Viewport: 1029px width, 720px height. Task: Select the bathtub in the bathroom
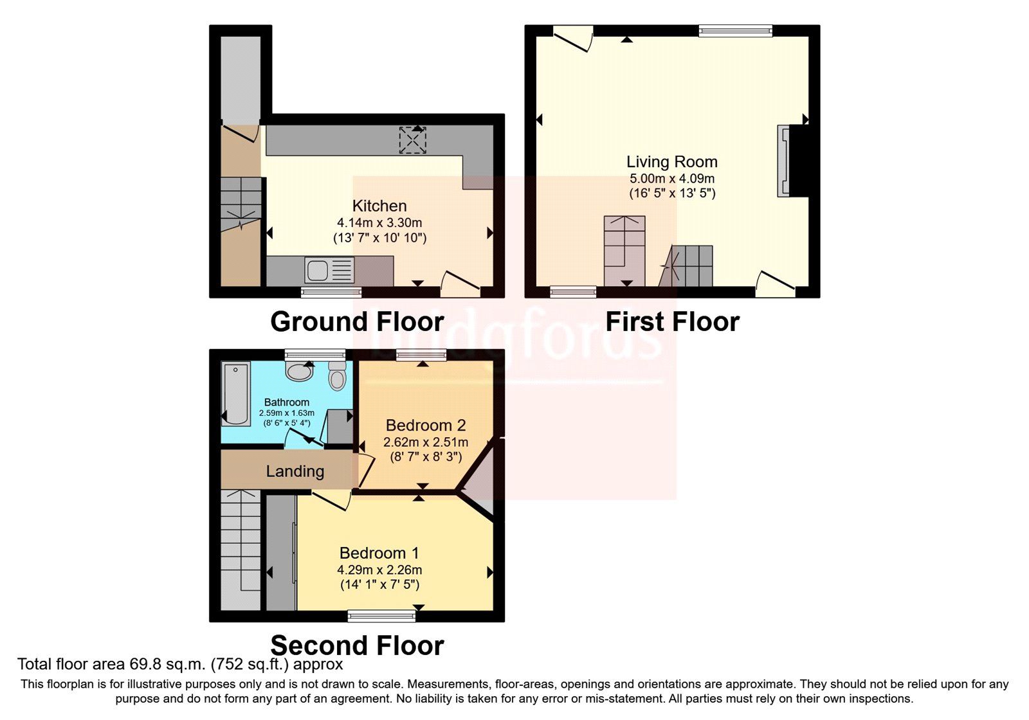236,394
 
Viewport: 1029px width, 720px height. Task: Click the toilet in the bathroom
337,375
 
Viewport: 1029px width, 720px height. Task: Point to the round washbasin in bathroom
298,371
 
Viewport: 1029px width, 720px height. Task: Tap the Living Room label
672,162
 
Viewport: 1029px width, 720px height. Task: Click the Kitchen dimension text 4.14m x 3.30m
379,223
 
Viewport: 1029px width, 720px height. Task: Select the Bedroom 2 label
426,426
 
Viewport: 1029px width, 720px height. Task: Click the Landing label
295,471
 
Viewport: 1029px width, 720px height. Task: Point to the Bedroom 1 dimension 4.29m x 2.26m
379,570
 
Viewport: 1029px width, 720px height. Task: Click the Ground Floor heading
357,321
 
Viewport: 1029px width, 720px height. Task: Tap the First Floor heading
672,321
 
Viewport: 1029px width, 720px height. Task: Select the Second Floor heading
357,645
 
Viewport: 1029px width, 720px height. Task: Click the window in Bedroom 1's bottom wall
381,616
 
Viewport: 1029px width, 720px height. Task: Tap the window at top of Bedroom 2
421,355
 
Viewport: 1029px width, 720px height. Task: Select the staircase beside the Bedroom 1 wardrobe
241,550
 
